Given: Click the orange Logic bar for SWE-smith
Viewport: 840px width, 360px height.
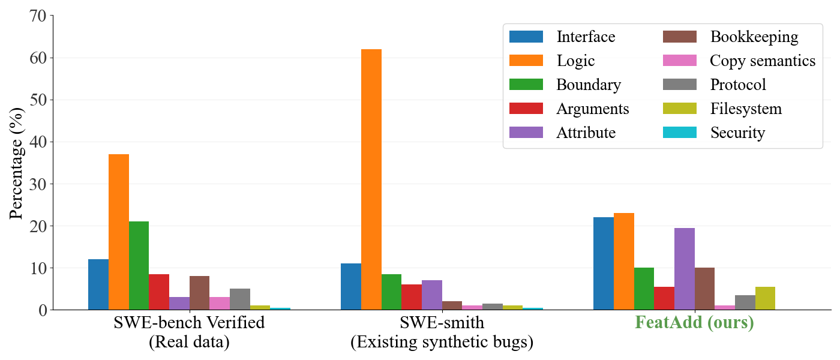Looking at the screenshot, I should [x=371, y=179].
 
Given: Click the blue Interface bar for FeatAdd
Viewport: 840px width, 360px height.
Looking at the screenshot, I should [x=604, y=263].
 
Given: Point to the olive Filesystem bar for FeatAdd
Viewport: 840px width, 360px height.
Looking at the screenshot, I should [x=765, y=298].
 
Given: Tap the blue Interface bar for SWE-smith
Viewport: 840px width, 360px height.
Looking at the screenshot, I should [x=351, y=287].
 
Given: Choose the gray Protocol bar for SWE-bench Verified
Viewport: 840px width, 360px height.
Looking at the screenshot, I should [x=240, y=299].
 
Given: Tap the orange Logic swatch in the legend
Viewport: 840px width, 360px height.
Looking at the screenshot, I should [x=526, y=61].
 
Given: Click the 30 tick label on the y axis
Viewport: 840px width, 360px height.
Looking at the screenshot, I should [x=37, y=184].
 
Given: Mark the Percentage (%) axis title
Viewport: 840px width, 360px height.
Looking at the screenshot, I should [x=16, y=163].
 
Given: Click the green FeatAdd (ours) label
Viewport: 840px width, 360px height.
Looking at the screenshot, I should [x=694, y=323].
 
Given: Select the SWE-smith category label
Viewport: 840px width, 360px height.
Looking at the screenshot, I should [x=442, y=323].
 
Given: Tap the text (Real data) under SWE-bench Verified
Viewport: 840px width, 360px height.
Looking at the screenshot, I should [x=189, y=342].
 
